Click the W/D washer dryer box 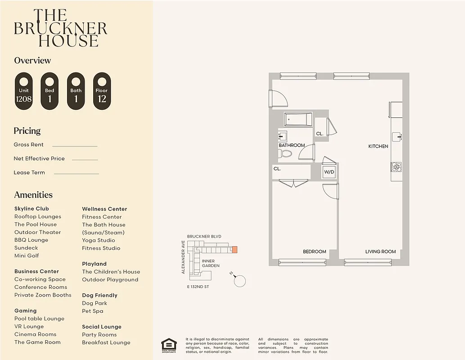coord(329,172)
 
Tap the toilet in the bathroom coord(285,154)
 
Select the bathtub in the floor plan coord(298,120)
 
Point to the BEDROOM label coord(314,252)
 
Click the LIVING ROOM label coord(380,252)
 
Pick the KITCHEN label coord(378,146)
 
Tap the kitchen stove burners coord(396,167)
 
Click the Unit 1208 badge coord(24,91)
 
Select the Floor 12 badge coord(102,91)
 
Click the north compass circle coord(240,281)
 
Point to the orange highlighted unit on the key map coord(235,249)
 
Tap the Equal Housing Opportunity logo coord(169,345)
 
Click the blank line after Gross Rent coord(75,145)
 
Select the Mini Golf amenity coord(27,256)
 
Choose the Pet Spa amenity coord(93,311)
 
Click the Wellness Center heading coord(104,209)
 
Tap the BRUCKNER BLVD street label coord(204,236)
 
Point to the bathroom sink coord(282,136)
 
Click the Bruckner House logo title coord(61,28)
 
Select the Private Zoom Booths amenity coord(43,295)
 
